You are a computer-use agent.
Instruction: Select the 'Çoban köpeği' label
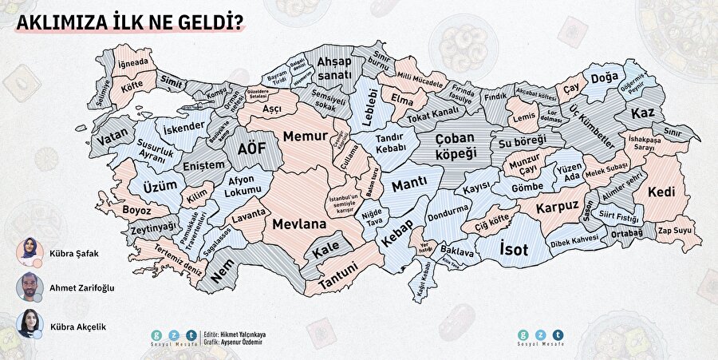click(466, 144)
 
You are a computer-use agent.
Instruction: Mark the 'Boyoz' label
click(136, 210)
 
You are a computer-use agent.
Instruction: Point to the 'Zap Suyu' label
click(673, 230)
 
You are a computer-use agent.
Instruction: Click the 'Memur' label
click(306, 136)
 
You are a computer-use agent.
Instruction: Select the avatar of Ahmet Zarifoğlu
click(29, 287)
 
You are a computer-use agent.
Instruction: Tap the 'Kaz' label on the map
click(643, 114)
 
